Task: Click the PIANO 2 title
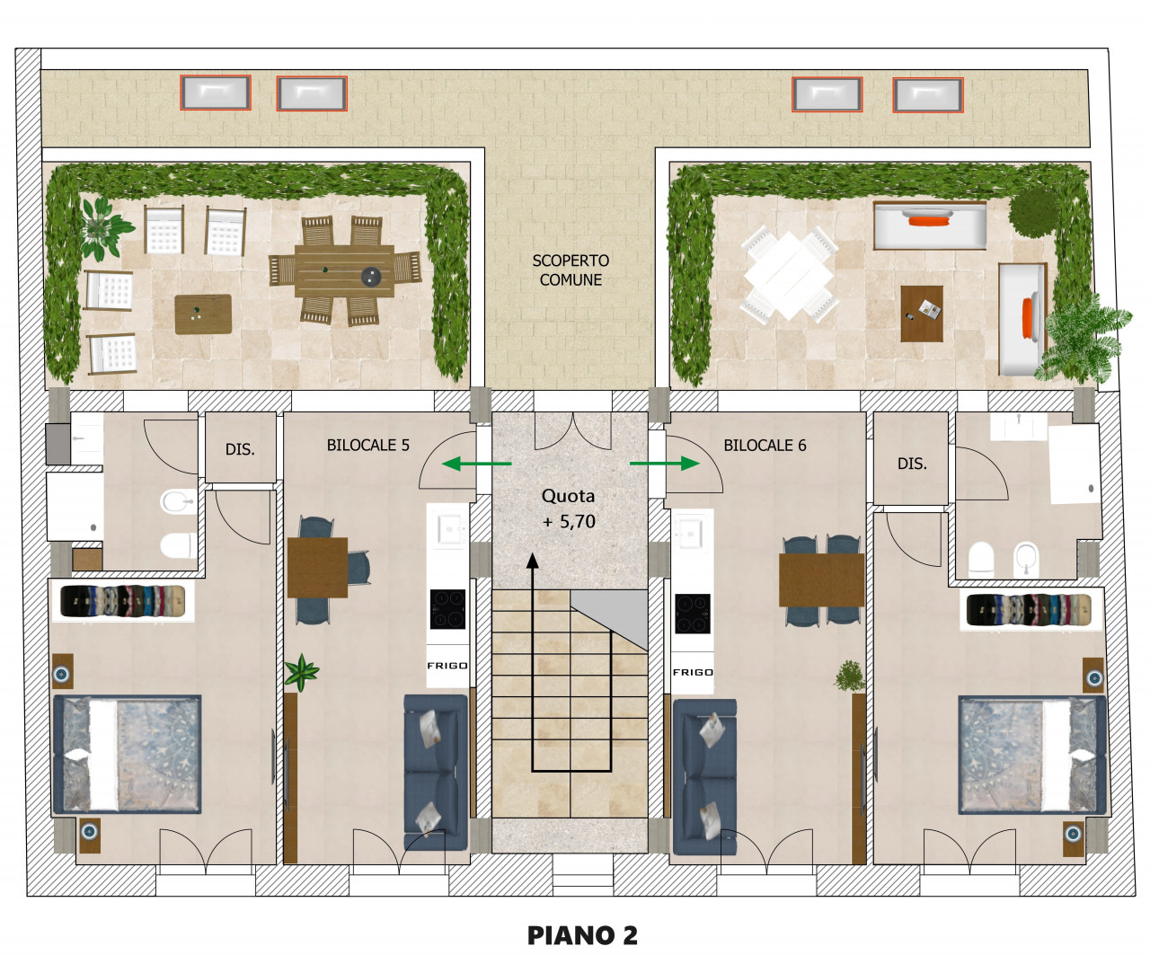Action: tap(582, 935)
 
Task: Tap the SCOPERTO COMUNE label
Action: tap(571, 270)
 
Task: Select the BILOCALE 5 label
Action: tap(368, 445)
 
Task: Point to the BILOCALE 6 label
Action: tap(765, 445)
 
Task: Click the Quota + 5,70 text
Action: tap(569, 509)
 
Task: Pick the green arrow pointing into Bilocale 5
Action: tap(477, 464)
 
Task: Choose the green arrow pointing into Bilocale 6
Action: tap(664, 464)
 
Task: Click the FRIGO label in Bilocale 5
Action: tap(447, 666)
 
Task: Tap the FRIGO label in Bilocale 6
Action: tap(693, 672)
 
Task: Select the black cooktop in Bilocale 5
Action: tap(447, 609)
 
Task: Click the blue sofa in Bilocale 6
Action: tap(704, 777)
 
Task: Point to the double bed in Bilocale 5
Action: tap(127, 754)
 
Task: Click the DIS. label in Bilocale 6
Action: tap(912, 464)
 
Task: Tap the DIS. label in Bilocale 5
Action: tap(240, 449)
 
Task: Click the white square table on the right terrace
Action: tap(789, 276)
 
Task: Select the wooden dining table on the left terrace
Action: tap(344, 270)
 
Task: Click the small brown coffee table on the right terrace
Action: tap(922, 314)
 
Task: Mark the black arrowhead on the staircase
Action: tap(532, 561)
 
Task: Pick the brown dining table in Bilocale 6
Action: tap(821, 580)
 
